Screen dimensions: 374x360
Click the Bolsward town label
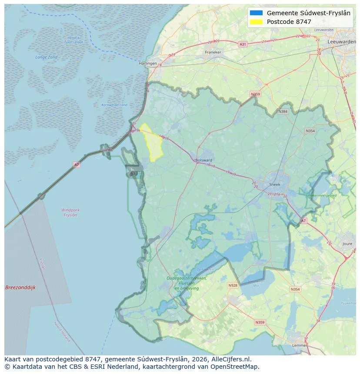[x=204, y=160]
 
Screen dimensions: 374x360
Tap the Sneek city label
[x=275, y=184]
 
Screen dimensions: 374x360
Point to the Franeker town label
[x=213, y=52]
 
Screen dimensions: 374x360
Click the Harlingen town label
[x=147, y=63]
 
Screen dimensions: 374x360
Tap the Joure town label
[x=347, y=244]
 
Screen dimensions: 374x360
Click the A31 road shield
[x=243, y=44]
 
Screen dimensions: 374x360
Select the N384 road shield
[x=283, y=112]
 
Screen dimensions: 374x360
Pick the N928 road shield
[x=233, y=285]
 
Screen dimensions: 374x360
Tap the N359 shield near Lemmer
[x=260, y=322]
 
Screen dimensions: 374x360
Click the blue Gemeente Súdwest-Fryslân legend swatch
[x=257, y=13]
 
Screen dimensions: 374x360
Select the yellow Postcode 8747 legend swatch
[x=257, y=22]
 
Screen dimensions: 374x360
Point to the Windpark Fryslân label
[x=70, y=212]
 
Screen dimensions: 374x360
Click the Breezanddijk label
[x=20, y=288]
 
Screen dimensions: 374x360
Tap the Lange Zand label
[x=47, y=57]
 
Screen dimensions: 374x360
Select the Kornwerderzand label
[x=114, y=105]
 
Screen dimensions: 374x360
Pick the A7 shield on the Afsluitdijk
[x=77, y=165]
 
